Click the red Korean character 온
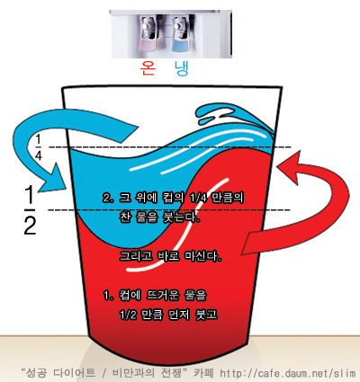pyautogui.click(x=148, y=68)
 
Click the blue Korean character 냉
pyautogui.click(x=182, y=68)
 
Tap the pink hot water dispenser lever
pyautogui.click(x=146, y=46)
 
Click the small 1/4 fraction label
pyautogui.click(x=39, y=147)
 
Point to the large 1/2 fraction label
pyautogui.click(x=30, y=209)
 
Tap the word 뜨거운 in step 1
pyautogui.click(x=163, y=296)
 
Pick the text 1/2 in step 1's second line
pyautogui.click(x=128, y=315)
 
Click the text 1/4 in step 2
pyautogui.click(x=199, y=198)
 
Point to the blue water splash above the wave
pyautogui.click(x=228, y=118)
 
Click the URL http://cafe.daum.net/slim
pyautogui.click(x=288, y=373)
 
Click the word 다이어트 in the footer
pyautogui.click(x=74, y=373)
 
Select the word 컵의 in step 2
pyautogui.click(x=174, y=198)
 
